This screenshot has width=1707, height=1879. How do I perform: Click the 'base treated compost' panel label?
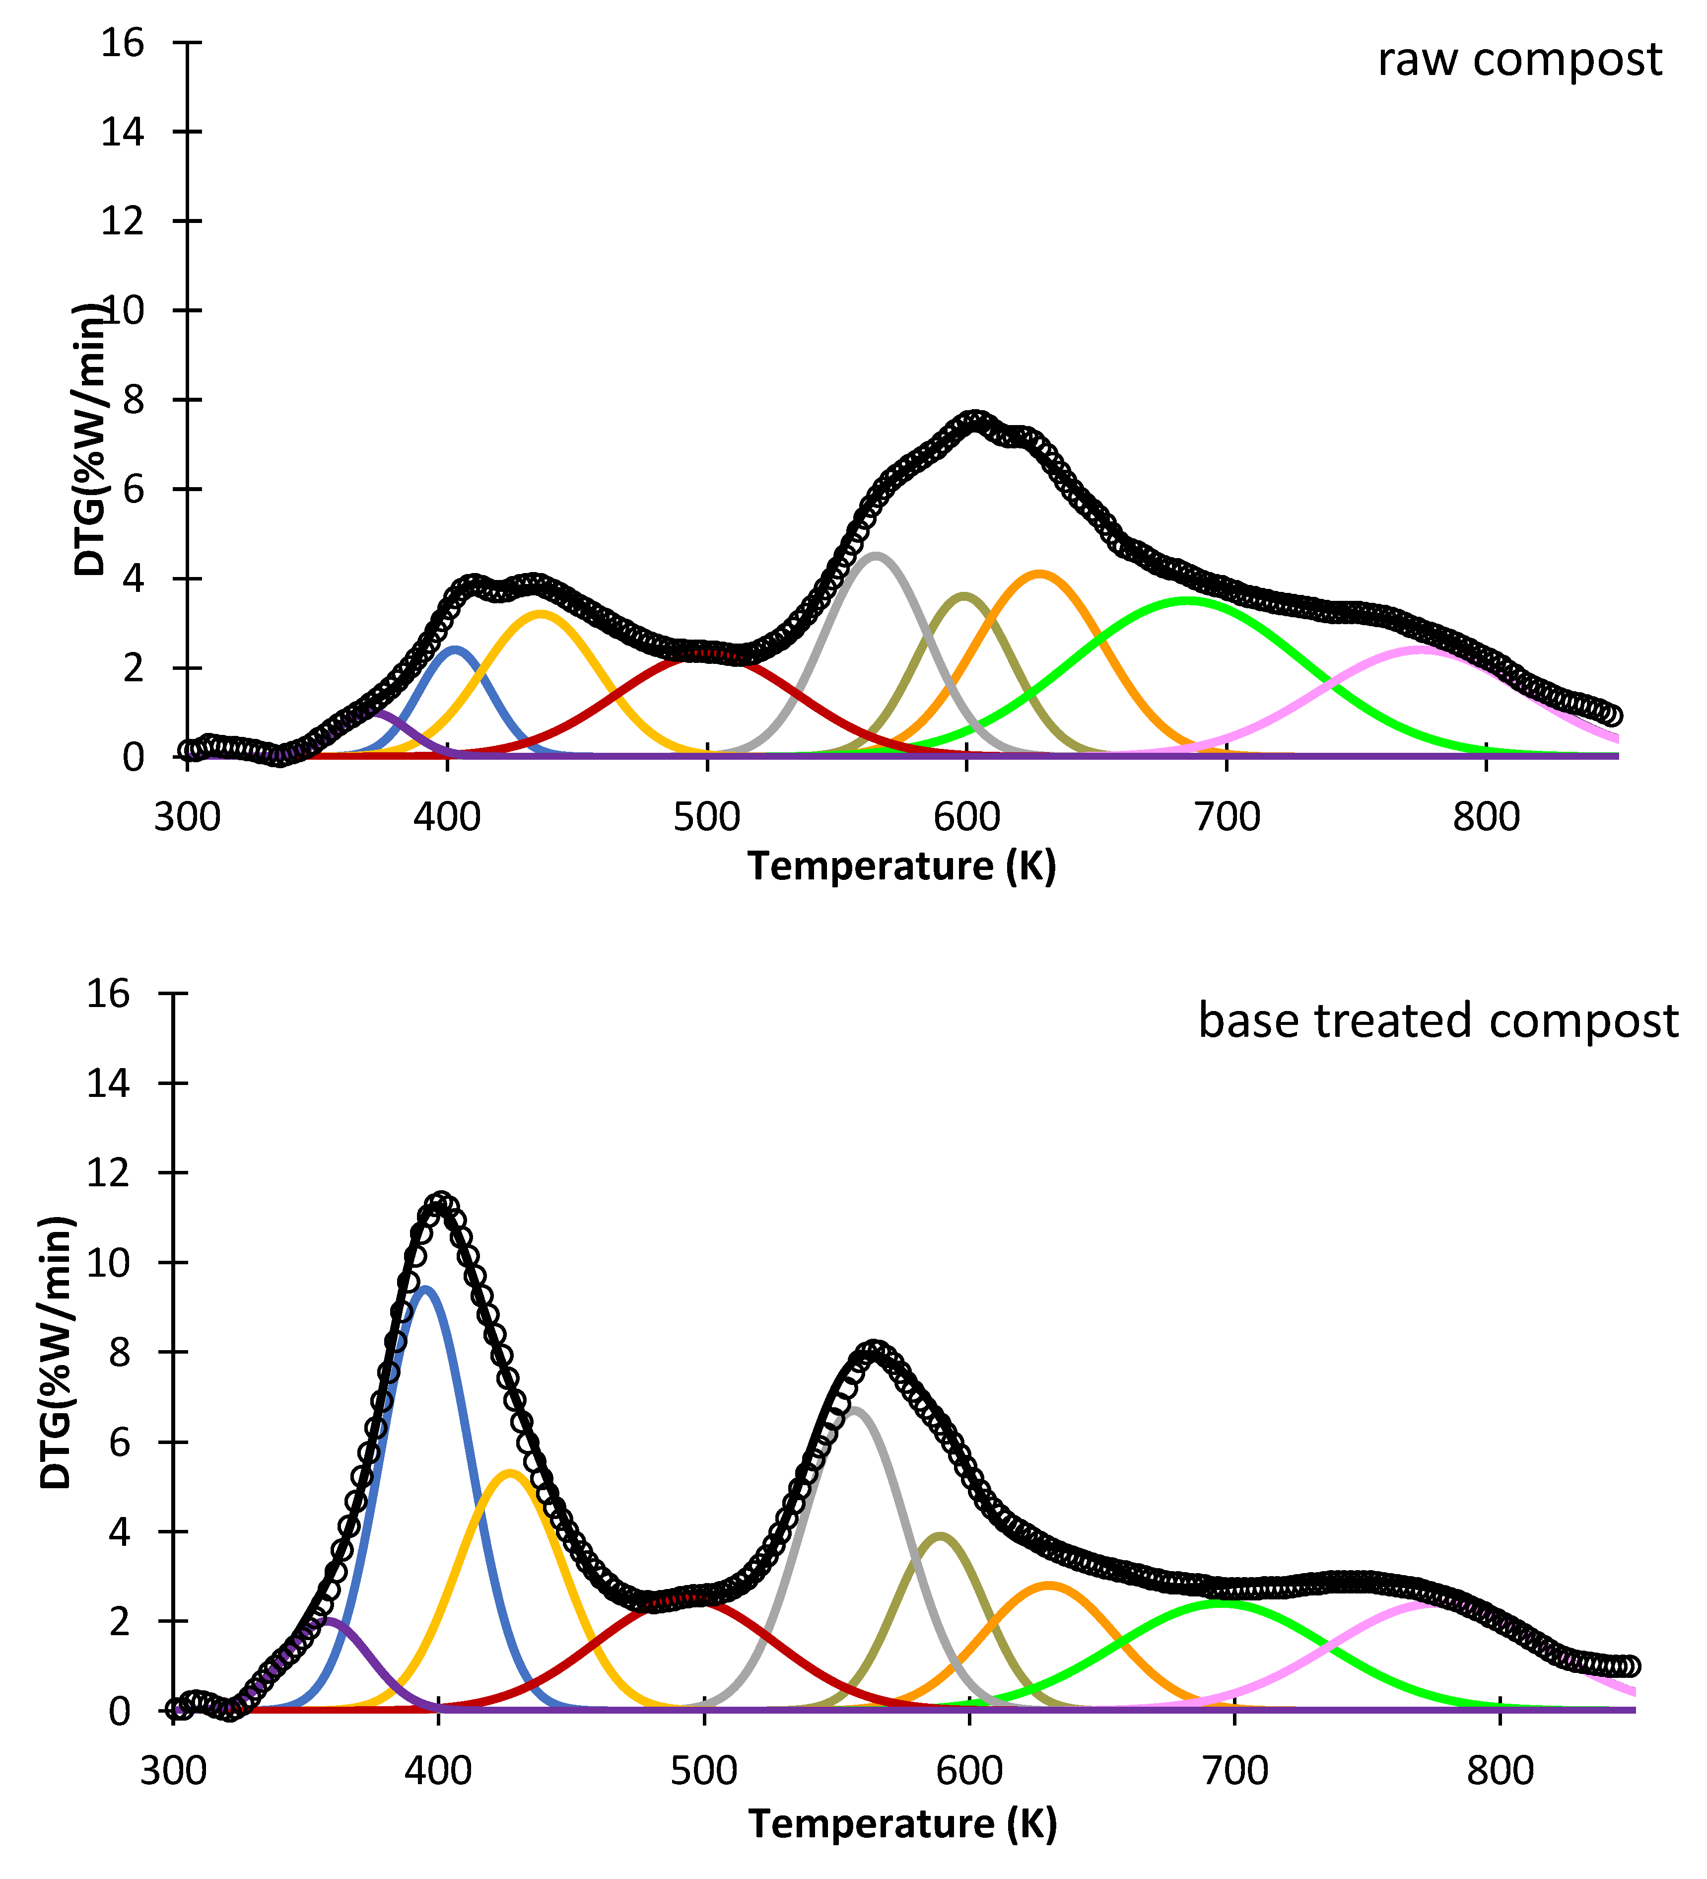pyautogui.click(x=1437, y=1020)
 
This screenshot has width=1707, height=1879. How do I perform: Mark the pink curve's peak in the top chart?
pyautogui.click(x=1420, y=649)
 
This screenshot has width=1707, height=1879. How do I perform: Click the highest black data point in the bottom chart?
pyautogui.click(x=442, y=1202)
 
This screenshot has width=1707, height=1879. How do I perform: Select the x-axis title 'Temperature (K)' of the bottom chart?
pyautogui.click(x=902, y=1824)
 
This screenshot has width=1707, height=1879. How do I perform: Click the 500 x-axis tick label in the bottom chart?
pyautogui.click(x=703, y=1770)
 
